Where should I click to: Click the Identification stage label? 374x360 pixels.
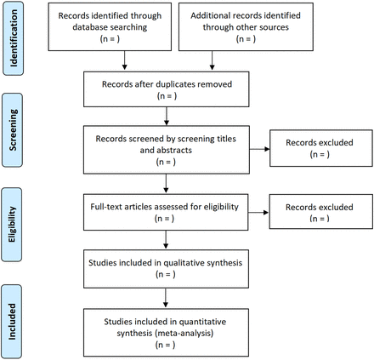14,38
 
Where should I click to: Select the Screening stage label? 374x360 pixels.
13,130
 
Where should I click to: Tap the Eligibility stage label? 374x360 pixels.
12,225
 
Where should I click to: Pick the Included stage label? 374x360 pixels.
12,322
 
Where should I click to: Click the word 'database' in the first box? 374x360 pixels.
90,27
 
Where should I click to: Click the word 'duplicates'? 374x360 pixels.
176,84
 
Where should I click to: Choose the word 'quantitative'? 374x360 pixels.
202,322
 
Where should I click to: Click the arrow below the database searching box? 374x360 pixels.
124,60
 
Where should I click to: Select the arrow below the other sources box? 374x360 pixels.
212,60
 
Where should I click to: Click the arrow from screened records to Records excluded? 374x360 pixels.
259,149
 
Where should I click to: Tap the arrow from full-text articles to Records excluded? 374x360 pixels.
258,213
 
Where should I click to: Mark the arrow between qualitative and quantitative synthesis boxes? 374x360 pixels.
166,298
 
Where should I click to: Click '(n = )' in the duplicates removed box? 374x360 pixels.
167,96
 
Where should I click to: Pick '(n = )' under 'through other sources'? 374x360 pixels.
246,39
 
